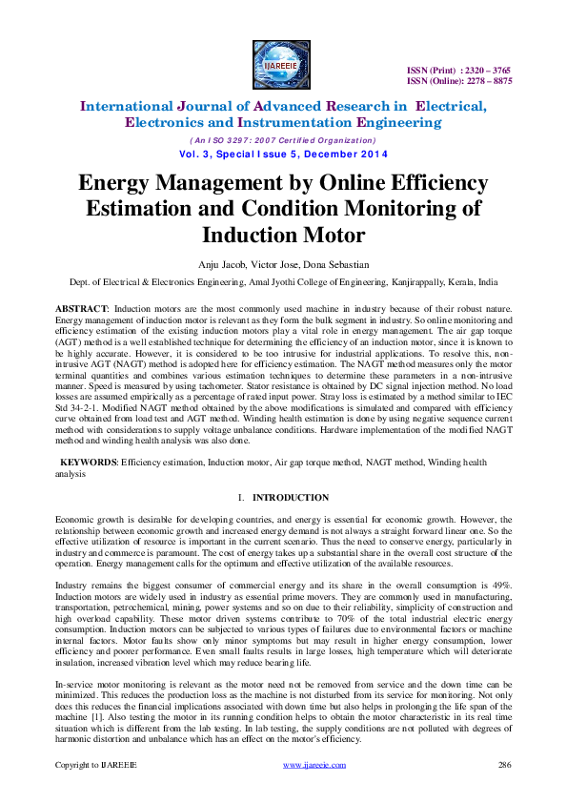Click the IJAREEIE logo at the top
point(282,64)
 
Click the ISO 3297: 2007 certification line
point(283,139)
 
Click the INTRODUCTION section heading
point(291,497)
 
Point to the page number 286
point(505,765)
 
